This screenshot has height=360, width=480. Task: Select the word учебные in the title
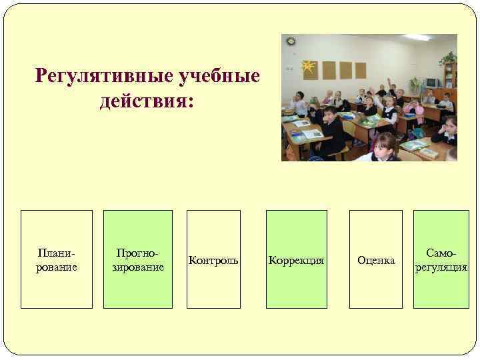(220, 77)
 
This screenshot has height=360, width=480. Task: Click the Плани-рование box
(57, 259)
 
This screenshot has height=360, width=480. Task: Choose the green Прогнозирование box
(137, 259)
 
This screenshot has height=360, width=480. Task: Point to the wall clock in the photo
(291, 41)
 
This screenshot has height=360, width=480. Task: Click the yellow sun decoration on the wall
(307, 66)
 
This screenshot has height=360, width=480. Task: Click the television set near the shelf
(433, 82)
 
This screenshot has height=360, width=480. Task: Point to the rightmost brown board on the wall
(360, 70)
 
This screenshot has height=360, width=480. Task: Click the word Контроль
(213, 259)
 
